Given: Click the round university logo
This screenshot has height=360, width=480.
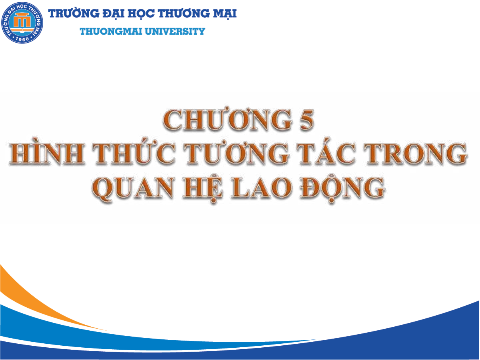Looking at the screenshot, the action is pos(22,23).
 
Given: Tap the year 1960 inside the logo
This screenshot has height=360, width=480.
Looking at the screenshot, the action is pos(22,39).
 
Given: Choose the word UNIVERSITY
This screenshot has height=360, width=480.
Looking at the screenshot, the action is pos(175,31).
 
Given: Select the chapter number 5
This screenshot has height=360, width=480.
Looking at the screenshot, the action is pos(307,120).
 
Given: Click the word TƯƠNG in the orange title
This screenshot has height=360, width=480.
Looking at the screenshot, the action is pos(237,152).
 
